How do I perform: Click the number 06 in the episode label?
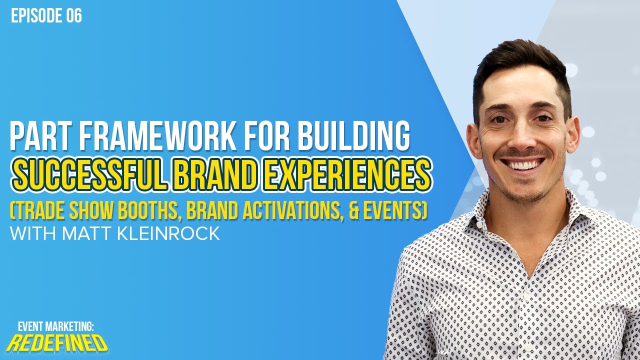pyautogui.click(x=73, y=16)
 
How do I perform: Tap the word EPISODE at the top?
pyautogui.click(x=36, y=16)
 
